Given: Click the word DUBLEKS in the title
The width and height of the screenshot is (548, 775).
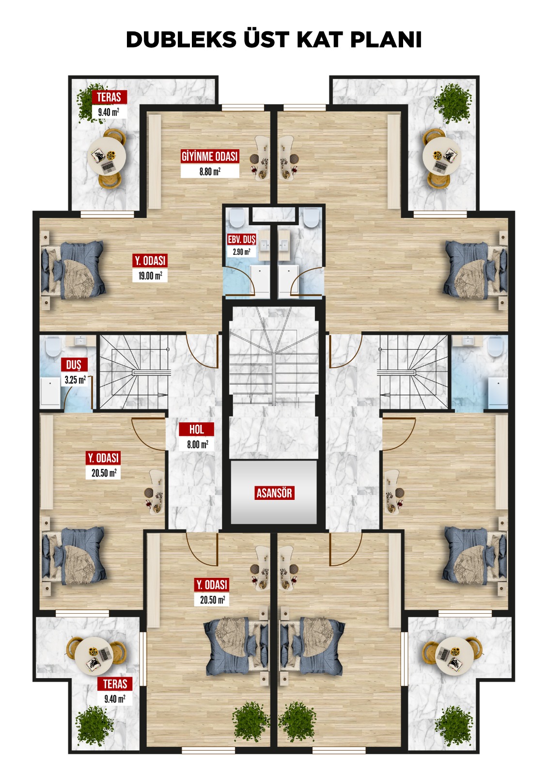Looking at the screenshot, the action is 181,39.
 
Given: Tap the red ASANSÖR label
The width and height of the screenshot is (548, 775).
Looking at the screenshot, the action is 275,493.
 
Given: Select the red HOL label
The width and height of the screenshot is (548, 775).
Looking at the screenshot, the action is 196,429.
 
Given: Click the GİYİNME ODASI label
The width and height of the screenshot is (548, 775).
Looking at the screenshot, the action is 210,156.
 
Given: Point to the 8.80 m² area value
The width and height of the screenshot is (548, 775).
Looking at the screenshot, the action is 210,171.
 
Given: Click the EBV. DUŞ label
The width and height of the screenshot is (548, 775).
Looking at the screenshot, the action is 241,239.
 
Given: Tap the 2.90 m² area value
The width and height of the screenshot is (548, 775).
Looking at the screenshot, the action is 241,251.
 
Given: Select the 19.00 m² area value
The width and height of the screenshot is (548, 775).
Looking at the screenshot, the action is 150,276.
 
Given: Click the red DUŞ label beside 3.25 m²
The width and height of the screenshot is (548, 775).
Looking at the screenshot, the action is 73,365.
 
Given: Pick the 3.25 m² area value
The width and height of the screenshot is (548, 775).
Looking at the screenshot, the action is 75,380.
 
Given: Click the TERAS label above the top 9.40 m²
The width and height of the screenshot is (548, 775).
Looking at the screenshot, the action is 109,97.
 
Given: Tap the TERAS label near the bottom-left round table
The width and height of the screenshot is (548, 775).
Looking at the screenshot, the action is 115,684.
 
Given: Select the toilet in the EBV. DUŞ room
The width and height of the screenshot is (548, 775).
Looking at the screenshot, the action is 237,217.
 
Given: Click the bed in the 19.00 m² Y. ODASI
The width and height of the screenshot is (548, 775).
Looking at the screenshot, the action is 73,270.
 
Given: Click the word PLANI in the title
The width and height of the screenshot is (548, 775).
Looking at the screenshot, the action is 386,39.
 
